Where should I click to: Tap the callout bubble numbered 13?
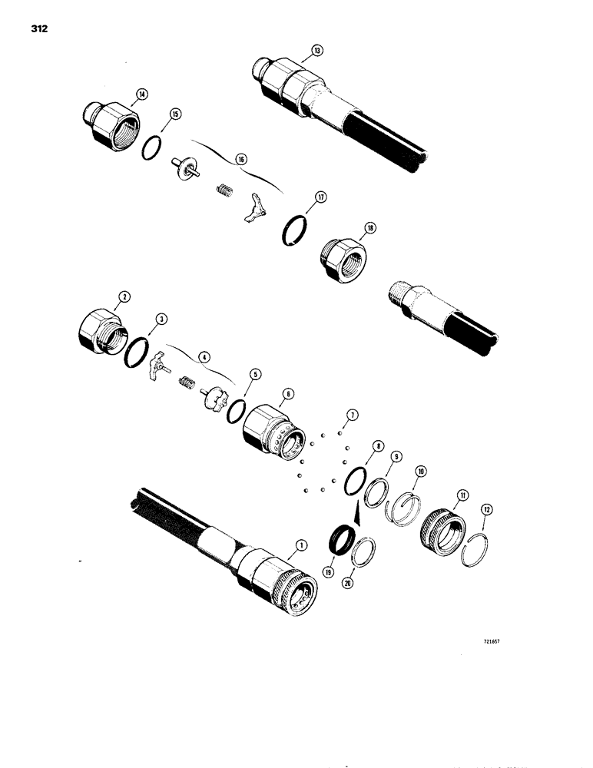pyautogui.click(x=316, y=51)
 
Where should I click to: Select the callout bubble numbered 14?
pyautogui.click(x=141, y=96)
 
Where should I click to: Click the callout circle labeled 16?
pyautogui.click(x=241, y=159)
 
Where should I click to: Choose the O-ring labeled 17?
pyautogui.click(x=296, y=230)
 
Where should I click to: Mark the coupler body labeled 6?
pyautogui.click(x=270, y=433)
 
